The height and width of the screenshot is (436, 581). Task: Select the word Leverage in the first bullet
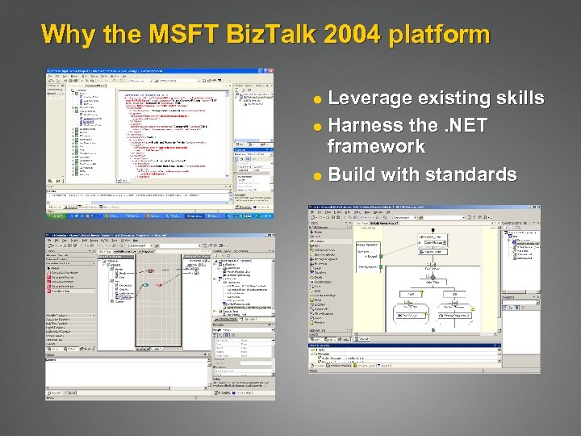click(x=369, y=99)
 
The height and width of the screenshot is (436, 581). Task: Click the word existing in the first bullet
click(x=453, y=99)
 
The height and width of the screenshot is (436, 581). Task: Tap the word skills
click(x=519, y=99)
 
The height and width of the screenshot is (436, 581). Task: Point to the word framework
click(x=376, y=146)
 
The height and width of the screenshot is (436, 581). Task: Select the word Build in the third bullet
click(x=353, y=174)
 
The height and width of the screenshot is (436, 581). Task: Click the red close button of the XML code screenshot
click(x=270, y=72)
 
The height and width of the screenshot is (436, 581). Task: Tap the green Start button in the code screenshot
click(x=56, y=216)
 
